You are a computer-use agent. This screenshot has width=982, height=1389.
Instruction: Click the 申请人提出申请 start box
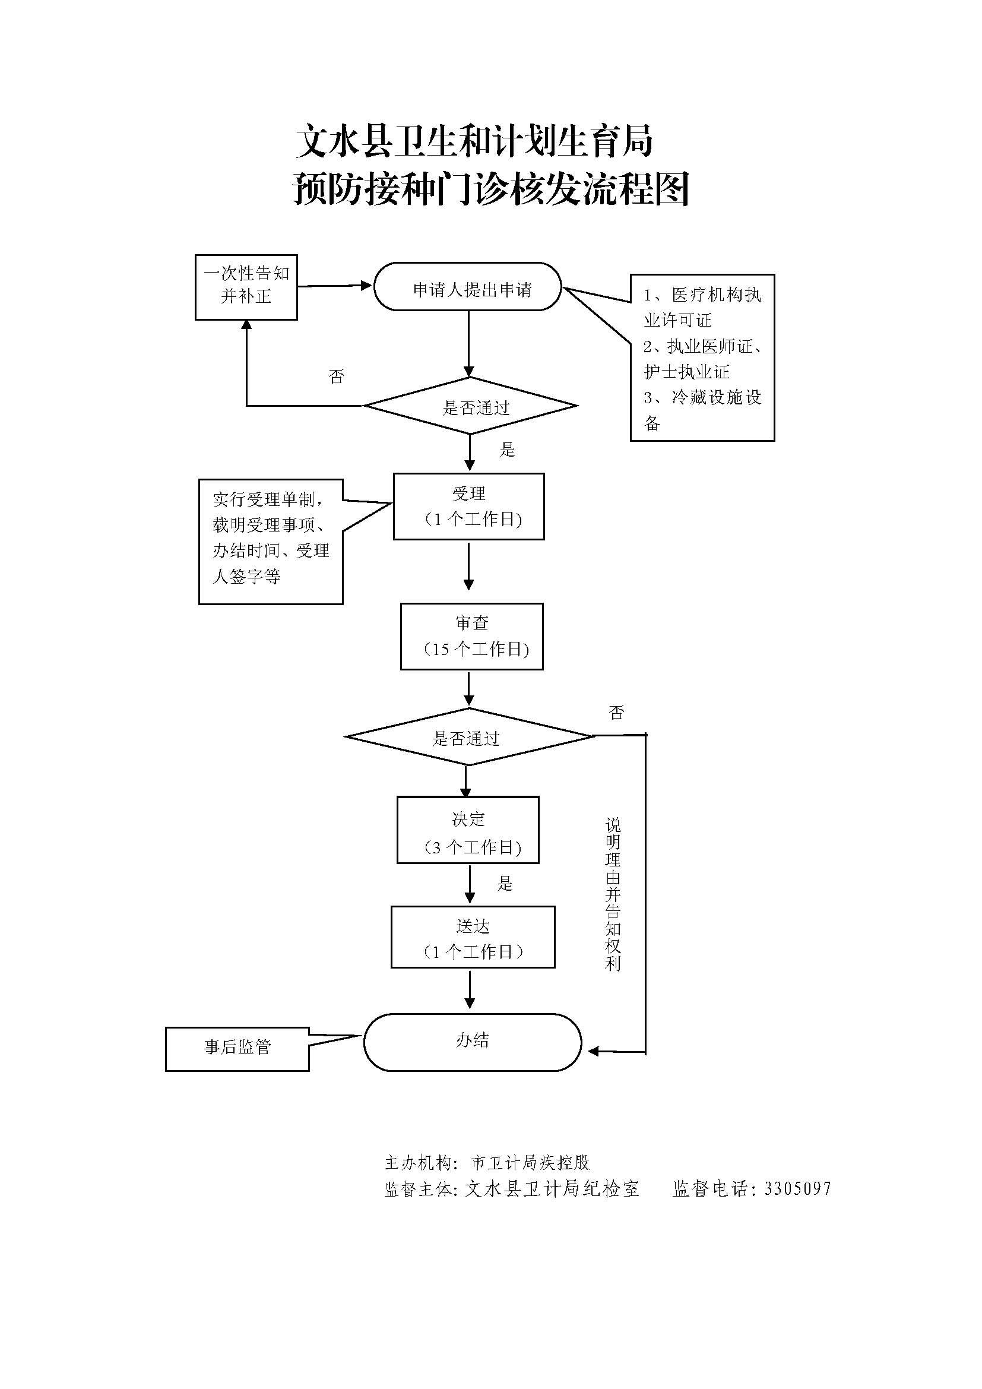tap(467, 287)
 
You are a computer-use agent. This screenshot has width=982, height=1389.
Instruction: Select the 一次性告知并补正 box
tap(246, 287)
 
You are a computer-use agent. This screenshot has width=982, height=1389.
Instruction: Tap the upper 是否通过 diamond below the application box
tap(471, 406)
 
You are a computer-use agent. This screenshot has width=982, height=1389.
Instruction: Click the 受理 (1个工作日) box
tap(468, 506)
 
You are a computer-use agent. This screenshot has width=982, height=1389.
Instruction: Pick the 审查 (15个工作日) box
tap(471, 636)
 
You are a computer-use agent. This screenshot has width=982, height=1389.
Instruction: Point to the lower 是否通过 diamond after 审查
tap(468, 737)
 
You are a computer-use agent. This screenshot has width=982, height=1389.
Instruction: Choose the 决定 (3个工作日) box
tap(468, 830)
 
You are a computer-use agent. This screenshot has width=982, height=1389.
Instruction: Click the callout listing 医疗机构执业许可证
tap(702, 357)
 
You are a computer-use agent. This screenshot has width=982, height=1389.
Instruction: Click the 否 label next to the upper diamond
tap(336, 377)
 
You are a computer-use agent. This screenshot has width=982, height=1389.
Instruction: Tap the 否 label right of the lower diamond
tap(616, 713)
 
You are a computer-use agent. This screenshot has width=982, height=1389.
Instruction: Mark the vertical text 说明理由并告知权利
tap(613, 895)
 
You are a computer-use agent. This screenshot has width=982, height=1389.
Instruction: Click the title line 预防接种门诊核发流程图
tap(491, 189)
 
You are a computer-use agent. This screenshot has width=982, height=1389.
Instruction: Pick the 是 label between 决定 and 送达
tap(505, 884)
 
